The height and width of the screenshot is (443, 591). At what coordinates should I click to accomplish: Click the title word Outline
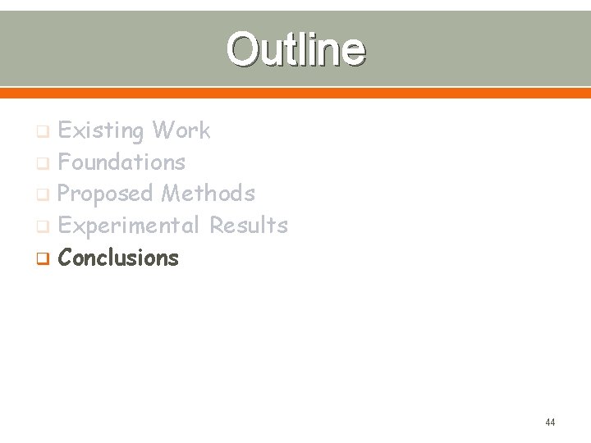pyautogui.click(x=295, y=49)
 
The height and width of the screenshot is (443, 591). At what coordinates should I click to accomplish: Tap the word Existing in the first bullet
pyautogui.click(x=101, y=130)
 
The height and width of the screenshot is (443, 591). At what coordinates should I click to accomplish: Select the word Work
pyautogui.click(x=181, y=130)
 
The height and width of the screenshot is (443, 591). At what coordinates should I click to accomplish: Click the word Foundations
pyautogui.click(x=121, y=162)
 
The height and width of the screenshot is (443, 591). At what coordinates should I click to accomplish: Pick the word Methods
pyautogui.click(x=208, y=194)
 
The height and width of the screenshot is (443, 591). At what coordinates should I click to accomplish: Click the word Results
pyautogui.click(x=249, y=225)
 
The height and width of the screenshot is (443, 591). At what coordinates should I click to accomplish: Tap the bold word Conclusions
pyautogui.click(x=118, y=258)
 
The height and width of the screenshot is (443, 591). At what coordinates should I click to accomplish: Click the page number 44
pyautogui.click(x=550, y=422)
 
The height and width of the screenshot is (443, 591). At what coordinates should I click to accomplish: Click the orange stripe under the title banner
pyautogui.click(x=295, y=93)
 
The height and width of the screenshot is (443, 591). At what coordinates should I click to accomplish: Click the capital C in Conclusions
pyautogui.click(x=66, y=258)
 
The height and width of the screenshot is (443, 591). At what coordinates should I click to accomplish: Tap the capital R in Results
pyautogui.click(x=218, y=225)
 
